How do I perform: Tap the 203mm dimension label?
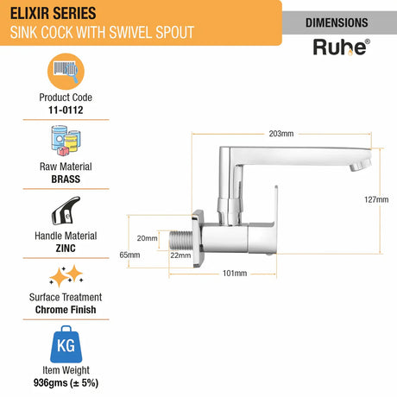[x=281, y=133]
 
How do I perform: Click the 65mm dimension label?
[x=129, y=255]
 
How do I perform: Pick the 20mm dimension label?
[x=148, y=238]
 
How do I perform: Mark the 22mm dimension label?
[x=180, y=255]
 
